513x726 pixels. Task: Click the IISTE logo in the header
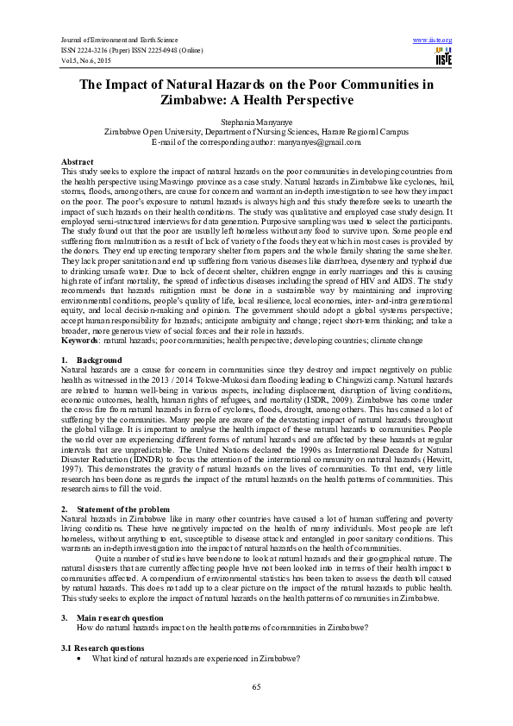(444, 57)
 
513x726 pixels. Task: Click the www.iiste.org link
(433, 41)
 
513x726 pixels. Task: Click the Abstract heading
(78, 162)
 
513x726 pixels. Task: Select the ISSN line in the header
(131, 50)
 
